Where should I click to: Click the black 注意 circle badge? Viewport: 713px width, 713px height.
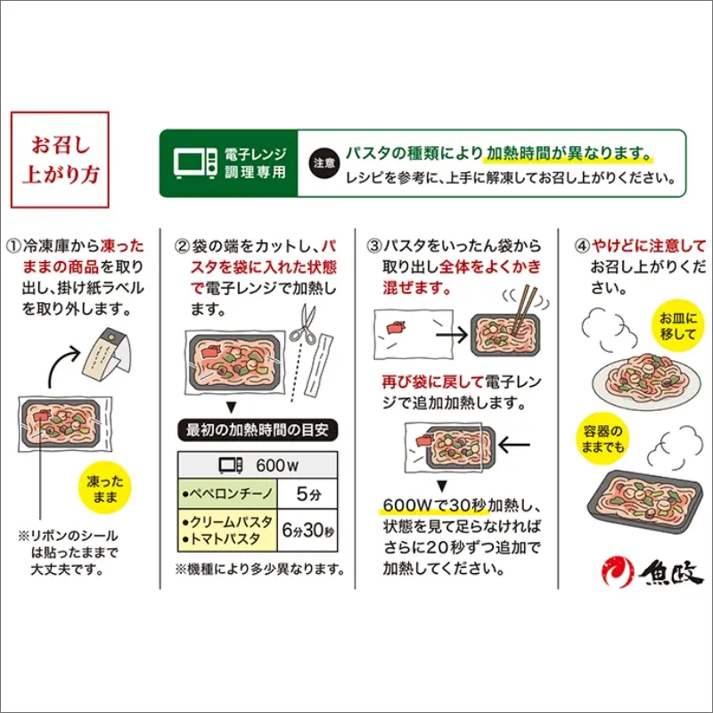point(323,164)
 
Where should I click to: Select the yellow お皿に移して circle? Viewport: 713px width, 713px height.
point(682,326)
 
